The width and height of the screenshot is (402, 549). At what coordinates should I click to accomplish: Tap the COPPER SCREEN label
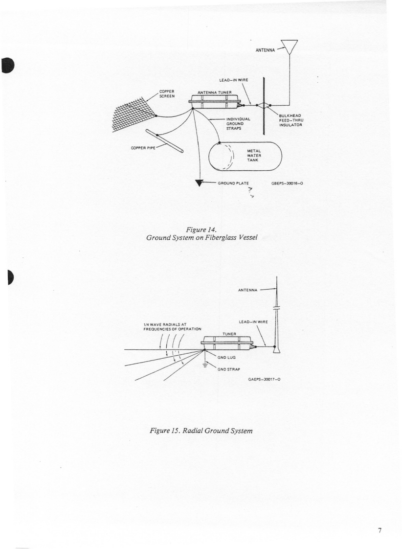168,93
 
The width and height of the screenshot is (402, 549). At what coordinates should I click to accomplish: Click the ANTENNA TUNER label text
214,92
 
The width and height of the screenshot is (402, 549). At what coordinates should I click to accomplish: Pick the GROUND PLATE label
234,183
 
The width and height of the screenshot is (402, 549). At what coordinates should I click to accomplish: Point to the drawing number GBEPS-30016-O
288,183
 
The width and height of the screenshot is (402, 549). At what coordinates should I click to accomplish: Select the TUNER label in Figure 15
230,334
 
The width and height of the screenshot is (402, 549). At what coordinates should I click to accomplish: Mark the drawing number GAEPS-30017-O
264,379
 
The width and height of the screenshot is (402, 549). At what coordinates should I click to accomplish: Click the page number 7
380,530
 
